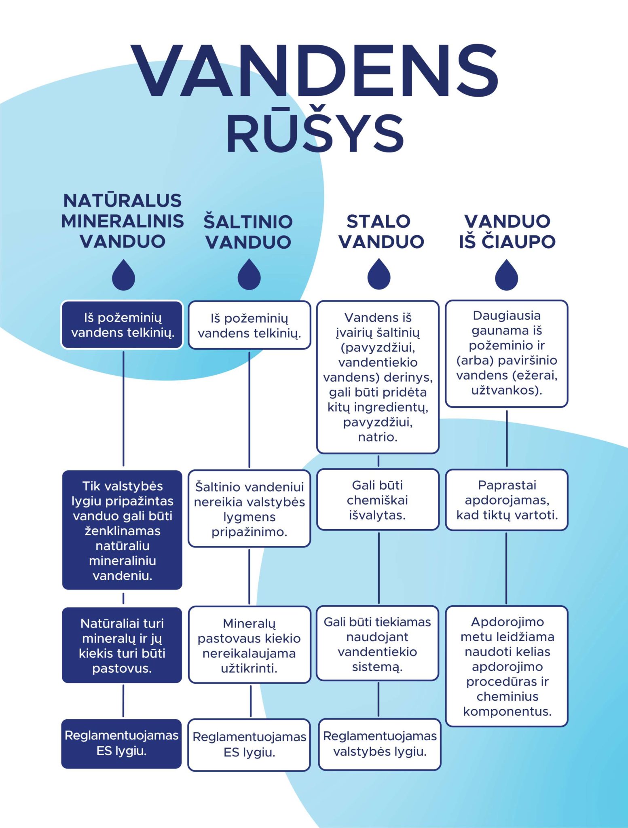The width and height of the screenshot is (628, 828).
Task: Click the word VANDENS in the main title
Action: (x=314, y=72)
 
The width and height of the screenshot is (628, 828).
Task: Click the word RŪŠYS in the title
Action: (x=315, y=134)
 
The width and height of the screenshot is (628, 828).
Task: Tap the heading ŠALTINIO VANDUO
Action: (x=248, y=231)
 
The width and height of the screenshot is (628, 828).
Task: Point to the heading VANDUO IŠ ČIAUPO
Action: (x=507, y=231)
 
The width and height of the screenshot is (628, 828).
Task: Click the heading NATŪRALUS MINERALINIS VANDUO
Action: (x=123, y=221)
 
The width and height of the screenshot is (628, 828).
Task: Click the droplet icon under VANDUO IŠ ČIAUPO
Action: (x=507, y=275)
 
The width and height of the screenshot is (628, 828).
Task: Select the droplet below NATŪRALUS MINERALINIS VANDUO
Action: (x=123, y=275)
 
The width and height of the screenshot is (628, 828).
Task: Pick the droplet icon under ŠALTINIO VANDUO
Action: (x=249, y=275)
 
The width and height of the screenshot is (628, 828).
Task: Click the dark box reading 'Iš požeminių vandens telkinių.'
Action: (x=123, y=325)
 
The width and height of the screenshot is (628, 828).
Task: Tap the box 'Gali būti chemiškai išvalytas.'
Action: (x=378, y=500)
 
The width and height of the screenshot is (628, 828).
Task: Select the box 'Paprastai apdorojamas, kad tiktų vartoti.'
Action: (x=507, y=500)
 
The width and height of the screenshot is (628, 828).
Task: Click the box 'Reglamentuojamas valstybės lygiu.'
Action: (x=379, y=744)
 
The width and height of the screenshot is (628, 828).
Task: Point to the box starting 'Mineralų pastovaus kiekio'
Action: (x=249, y=645)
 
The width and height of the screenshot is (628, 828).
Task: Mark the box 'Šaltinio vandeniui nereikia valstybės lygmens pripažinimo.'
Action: (x=249, y=509)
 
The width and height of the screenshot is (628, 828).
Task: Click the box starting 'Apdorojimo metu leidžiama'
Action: (x=507, y=666)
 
